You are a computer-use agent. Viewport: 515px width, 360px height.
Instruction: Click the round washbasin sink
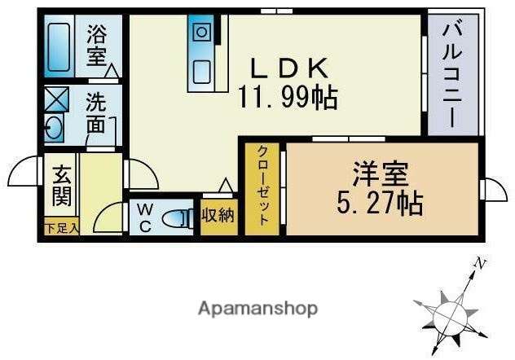tap(55, 130)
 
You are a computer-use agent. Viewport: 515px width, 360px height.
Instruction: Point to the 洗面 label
tap(96, 115)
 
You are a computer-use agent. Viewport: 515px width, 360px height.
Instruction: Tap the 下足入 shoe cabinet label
tap(61, 229)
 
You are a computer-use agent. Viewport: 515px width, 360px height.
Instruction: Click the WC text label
tap(144, 218)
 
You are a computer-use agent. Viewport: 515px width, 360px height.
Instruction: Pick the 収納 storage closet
tap(218, 216)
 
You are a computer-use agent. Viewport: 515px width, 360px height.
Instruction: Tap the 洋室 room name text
tap(380, 174)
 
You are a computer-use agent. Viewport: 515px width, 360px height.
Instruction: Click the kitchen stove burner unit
tap(201, 33)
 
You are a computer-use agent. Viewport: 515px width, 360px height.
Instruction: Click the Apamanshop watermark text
tap(257, 309)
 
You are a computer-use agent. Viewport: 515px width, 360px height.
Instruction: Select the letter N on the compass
tap(482, 263)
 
